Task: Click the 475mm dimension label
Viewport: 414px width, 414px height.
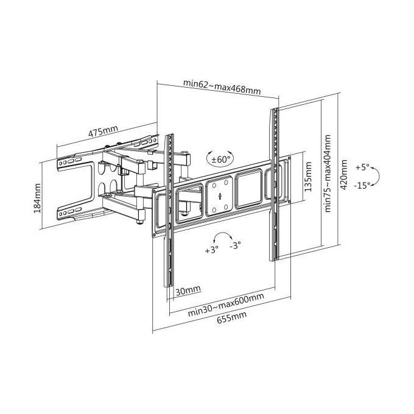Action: pyautogui.click(x=103, y=131)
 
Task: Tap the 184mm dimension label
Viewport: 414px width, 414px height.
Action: pyautogui.click(x=38, y=198)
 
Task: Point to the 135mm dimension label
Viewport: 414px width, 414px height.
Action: pyautogui.click(x=308, y=177)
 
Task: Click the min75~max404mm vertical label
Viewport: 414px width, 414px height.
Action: pyautogui.click(x=328, y=173)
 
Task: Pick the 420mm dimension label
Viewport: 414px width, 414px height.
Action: pyautogui.click(x=344, y=174)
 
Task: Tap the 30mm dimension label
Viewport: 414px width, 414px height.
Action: pyautogui.click(x=188, y=291)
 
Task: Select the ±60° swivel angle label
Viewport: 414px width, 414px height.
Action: pyautogui.click(x=219, y=160)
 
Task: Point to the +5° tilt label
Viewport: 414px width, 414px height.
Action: pyautogui.click(x=362, y=167)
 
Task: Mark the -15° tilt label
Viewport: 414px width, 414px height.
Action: pyautogui.click(x=362, y=186)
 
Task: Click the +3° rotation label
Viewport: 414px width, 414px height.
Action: pyautogui.click(x=212, y=250)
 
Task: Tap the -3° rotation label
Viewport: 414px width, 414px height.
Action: pyautogui.click(x=235, y=245)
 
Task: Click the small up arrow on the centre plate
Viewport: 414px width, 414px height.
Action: pyautogui.click(x=220, y=196)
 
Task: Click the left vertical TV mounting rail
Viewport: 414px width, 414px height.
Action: pyautogui.click(x=169, y=211)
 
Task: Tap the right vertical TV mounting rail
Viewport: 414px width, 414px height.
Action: pyautogui.click(x=274, y=184)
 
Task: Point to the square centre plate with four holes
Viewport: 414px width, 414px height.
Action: pyautogui.click(x=220, y=196)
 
